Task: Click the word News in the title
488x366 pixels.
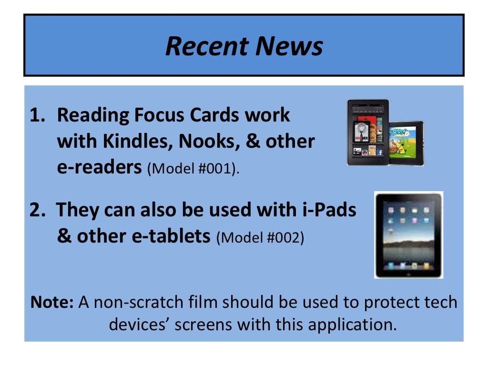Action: point(290,46)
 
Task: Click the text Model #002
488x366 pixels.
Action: point(261,237)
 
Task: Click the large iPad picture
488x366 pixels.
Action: point(408,235)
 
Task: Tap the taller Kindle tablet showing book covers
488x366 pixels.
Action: point(367,132)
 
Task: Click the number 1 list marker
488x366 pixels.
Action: point(37,115)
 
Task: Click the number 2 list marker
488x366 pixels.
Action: point(37,210)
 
